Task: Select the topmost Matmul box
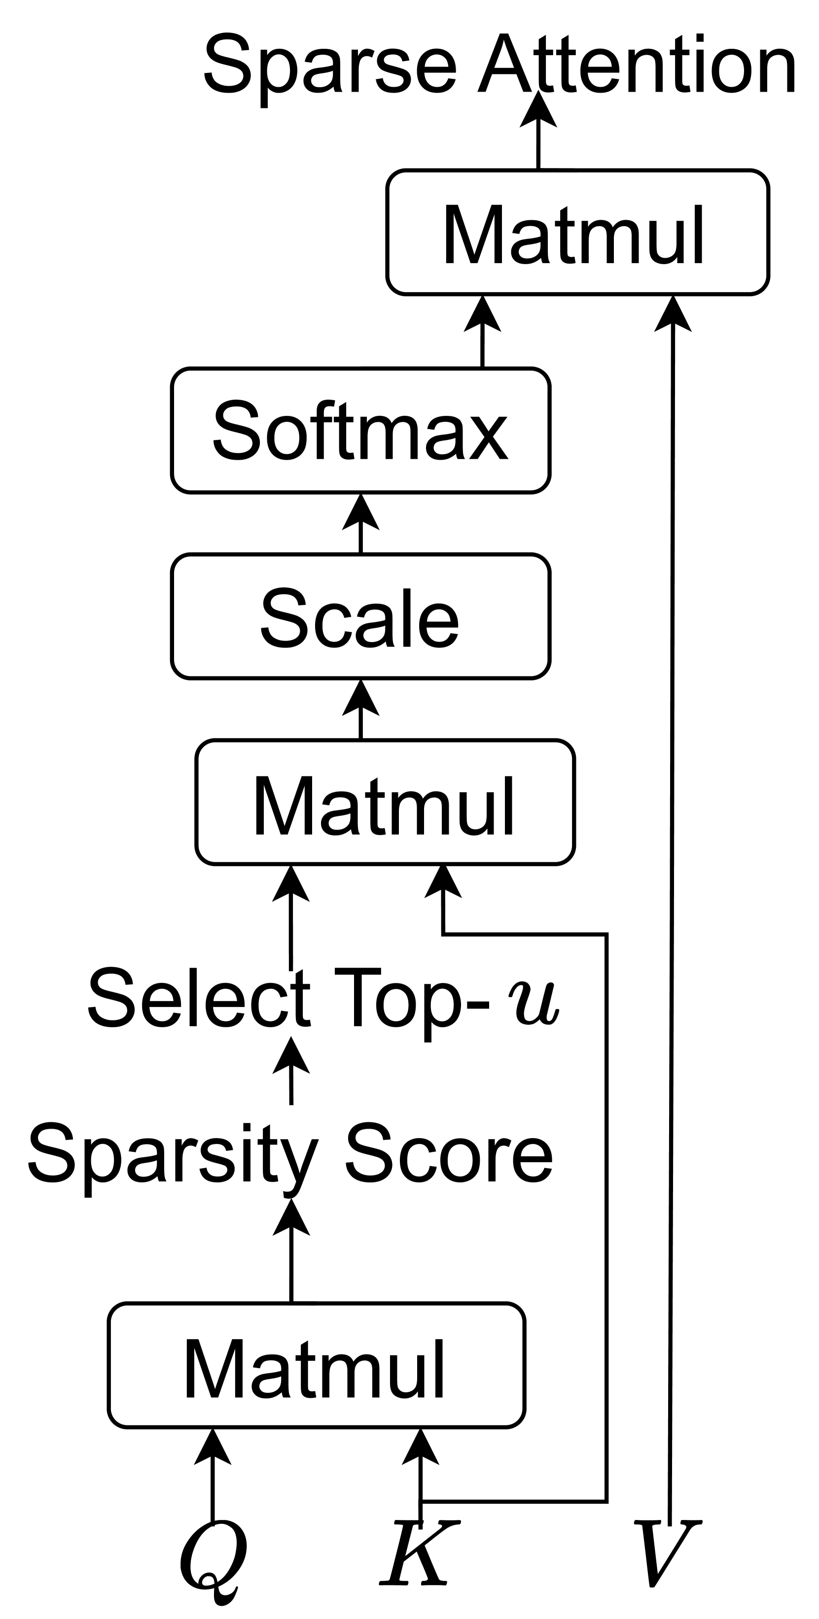577,233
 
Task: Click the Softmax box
360,431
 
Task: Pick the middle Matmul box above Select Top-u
385,803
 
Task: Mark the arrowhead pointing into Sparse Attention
538,114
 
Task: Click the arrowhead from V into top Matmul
673,314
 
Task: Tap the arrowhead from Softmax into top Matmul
482,314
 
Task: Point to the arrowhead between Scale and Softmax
360,513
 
